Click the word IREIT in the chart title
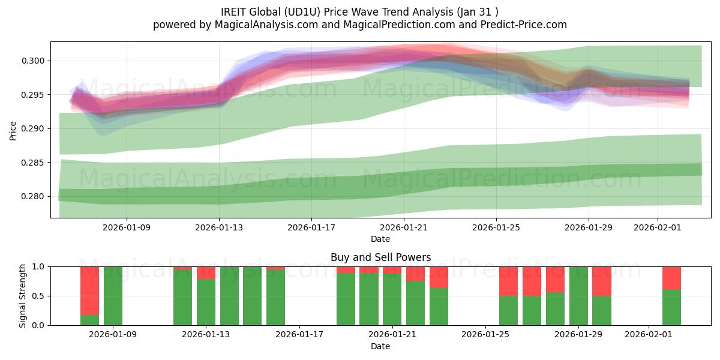pyautogui.click(x=235, y=11)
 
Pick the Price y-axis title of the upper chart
pyautogui.click(x=13, y=130)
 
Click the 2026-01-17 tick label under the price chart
pyautogui.click(x=311, y=227)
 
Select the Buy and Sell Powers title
pyautogui.click(x=380, y=257)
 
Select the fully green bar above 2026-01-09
pyautogui.click(x=113, y=296)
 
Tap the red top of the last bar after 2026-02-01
pyautogui.click(x=671, y=278)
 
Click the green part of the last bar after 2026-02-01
pyautogui.click(x=671, y=307)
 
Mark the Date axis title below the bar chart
pyautogui.click(x=380, y=346)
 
